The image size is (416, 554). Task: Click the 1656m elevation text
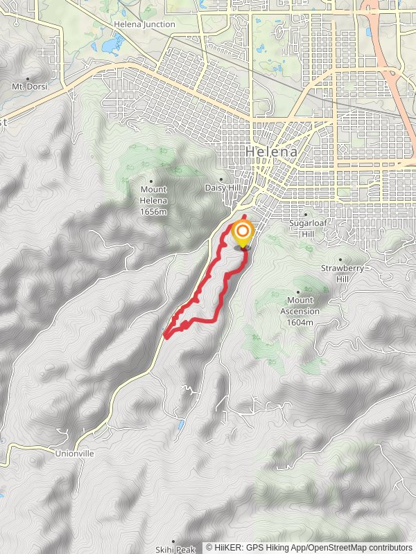(153, 212)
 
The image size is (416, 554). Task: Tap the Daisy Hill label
(221, 188)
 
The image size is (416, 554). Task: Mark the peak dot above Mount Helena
(151, 181)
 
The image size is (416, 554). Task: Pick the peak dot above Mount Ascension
(299, 292)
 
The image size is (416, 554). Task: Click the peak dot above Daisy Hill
(221, 179)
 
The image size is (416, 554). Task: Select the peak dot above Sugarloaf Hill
(305, 215)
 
